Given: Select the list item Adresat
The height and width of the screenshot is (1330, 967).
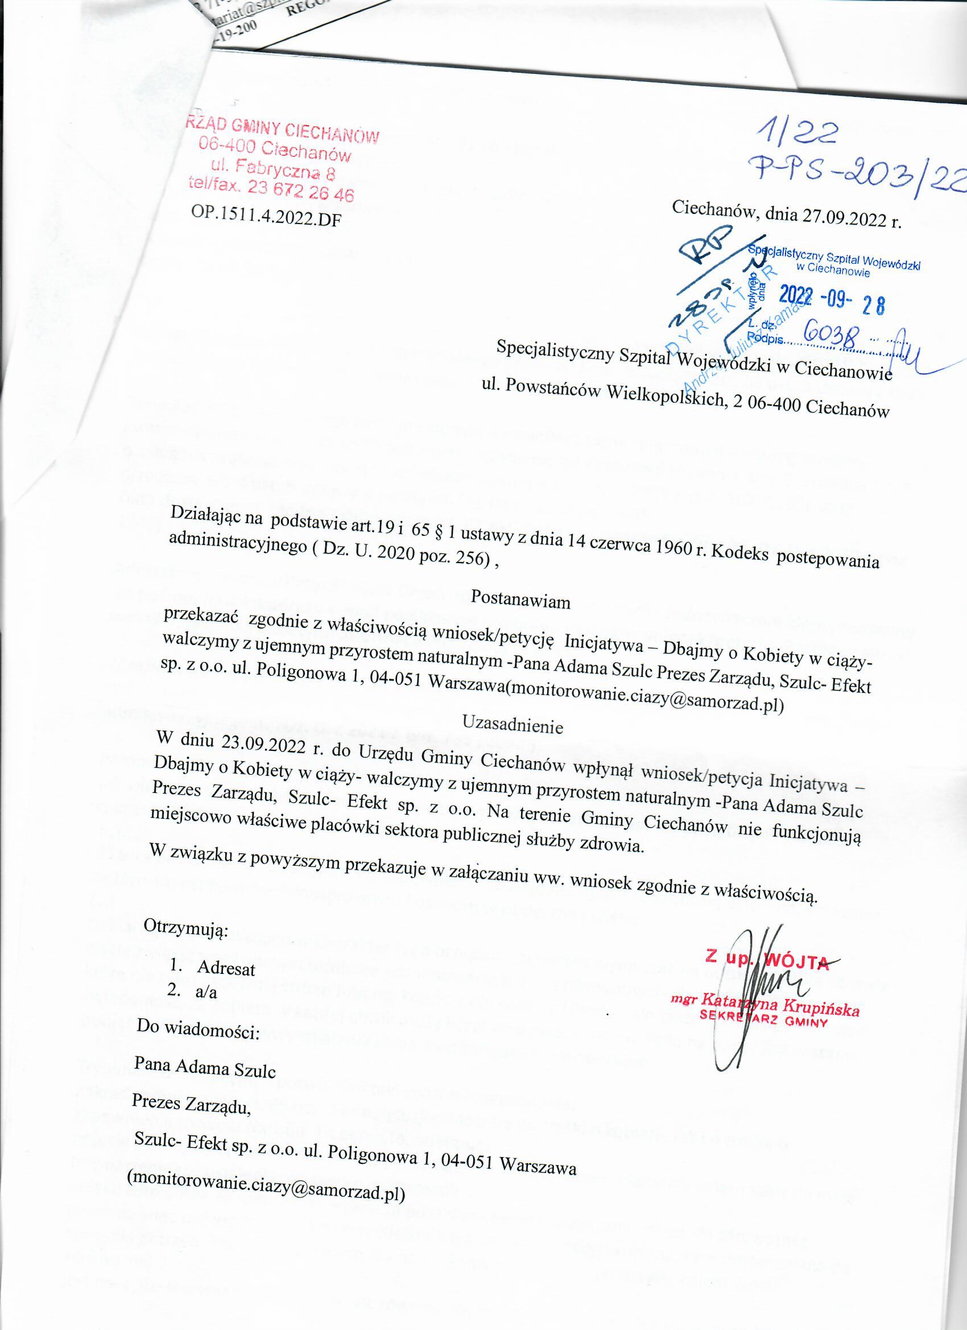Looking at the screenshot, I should pyautogui.click(x=226, y=968).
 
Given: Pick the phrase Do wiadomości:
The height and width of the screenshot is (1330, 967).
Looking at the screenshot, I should pyautogui.click(x=197, y=1030).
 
